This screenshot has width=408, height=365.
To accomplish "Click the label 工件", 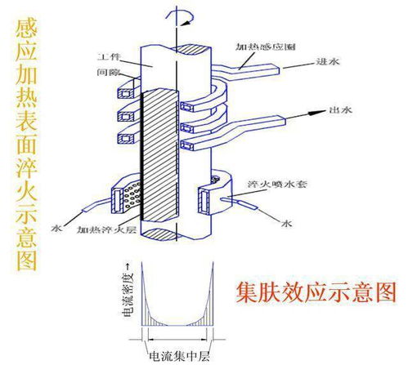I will coord(110,58).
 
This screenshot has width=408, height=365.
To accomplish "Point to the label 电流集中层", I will coord(173,356).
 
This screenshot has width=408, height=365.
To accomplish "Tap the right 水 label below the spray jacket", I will coord(287,221).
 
